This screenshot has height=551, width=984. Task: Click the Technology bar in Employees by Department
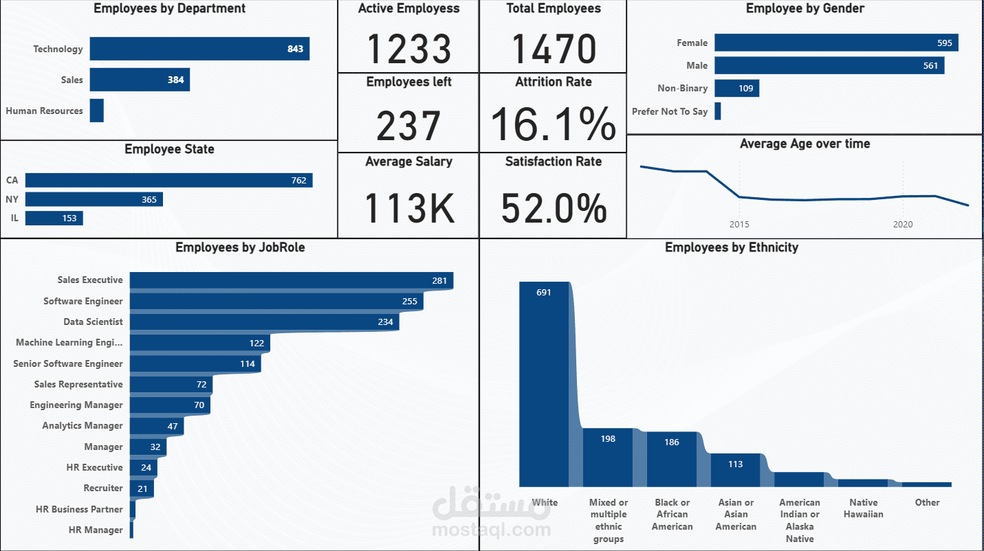point(199,49)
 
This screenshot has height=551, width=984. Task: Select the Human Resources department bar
point(97,111)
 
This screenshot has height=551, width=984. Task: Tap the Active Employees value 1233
point(408,49)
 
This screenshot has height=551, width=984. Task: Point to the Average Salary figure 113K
point(408,207)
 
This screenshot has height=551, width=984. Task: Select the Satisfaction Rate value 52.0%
point(554,207)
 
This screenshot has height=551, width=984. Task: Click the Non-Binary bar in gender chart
point(736,88)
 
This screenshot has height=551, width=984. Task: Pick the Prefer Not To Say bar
point(718,111)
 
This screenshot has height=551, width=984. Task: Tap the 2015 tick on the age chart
point(739,224)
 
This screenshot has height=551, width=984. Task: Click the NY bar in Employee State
point(94,199)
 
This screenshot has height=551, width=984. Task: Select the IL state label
point(14,218)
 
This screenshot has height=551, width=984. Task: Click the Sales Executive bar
point(291,280)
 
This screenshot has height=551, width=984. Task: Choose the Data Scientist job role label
point(93,322)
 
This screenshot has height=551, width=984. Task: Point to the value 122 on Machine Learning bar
point(256,343)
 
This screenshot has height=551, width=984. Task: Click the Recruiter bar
point(142,488)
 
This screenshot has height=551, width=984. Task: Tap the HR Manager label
point(96,530)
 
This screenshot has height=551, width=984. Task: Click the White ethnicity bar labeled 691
point(545,385)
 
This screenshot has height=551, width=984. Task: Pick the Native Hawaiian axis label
point(863,508)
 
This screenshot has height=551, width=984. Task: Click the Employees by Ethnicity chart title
point(732,247)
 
